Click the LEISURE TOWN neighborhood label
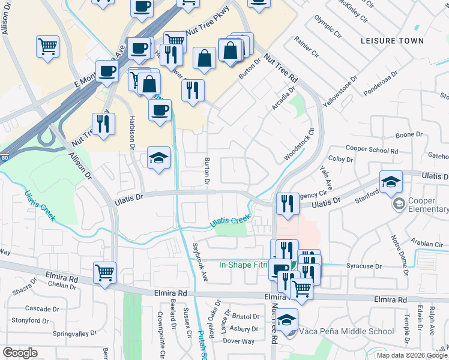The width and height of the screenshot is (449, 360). (x=393, y=41)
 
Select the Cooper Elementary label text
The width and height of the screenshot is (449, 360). (x=428, y=205)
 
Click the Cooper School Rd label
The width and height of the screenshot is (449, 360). (x=372, y=150)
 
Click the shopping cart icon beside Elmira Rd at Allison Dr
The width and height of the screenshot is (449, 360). (x=105, y=273)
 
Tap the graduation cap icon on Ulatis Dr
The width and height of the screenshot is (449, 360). (x=390, y=182)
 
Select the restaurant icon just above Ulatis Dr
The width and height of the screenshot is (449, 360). (x=288, y=203)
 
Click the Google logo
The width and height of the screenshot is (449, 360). (x=20, y=353)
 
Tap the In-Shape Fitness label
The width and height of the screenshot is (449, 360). (x=244, y=265)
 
